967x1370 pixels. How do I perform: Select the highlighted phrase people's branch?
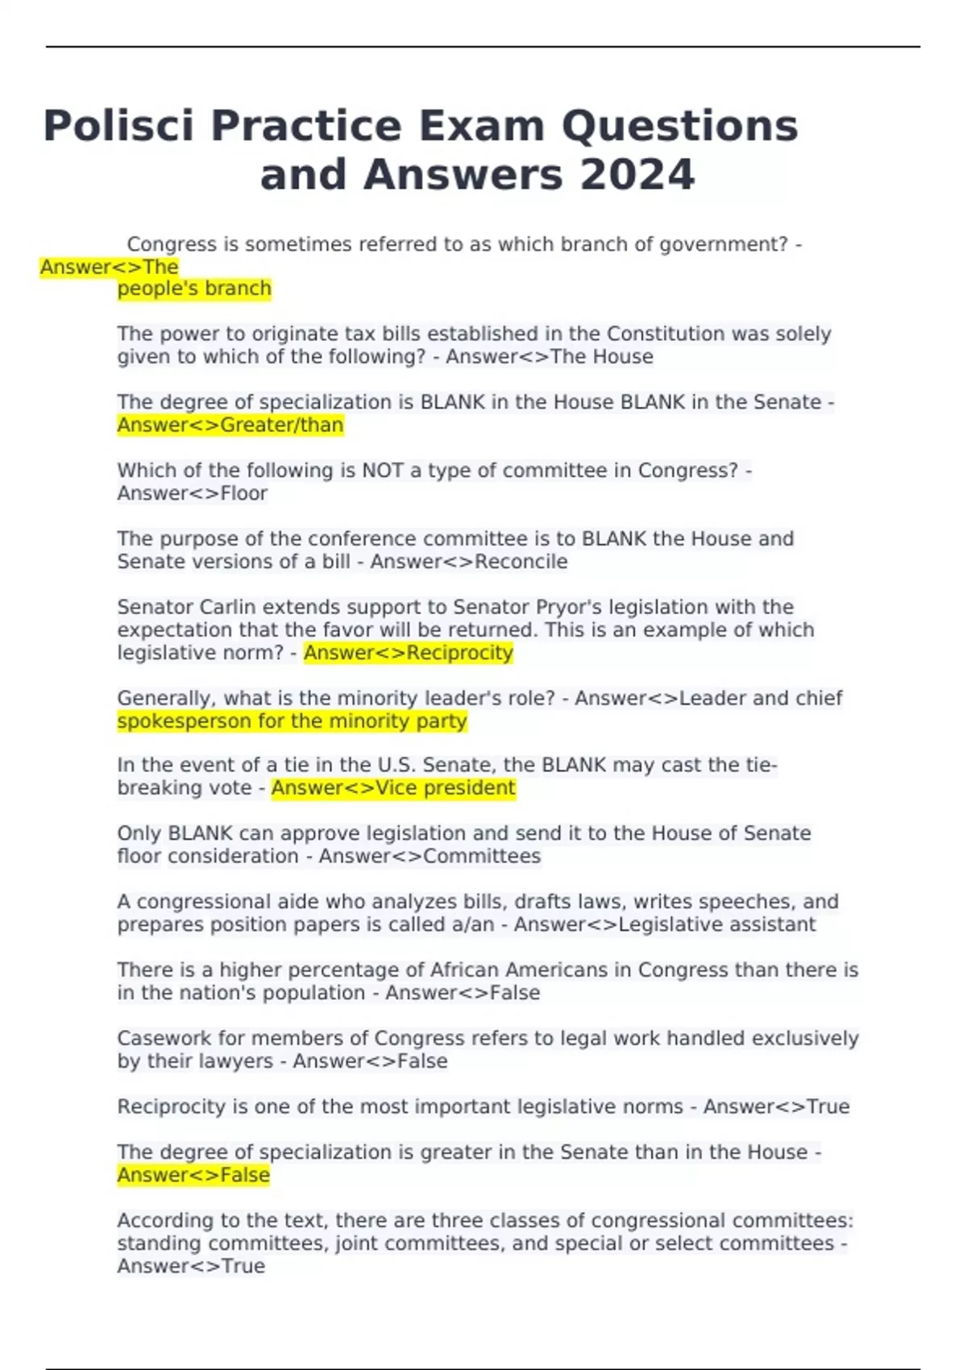point(194,289)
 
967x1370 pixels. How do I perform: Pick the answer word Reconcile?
point(521,562)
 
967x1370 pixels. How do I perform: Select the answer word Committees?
point(482,856)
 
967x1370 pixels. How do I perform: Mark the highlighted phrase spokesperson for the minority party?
point(292,721)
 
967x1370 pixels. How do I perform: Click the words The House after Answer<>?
point(601,356)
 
